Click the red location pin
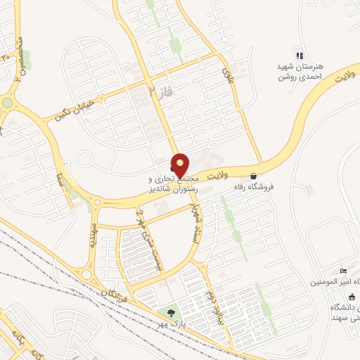[181, 165]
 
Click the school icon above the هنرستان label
[299, 56]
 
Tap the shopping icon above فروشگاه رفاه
[253, 175]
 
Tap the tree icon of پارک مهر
[169, 311]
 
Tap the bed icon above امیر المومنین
[342, 271]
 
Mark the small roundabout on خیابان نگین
[7, 103]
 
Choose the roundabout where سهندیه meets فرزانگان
[86, 274]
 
